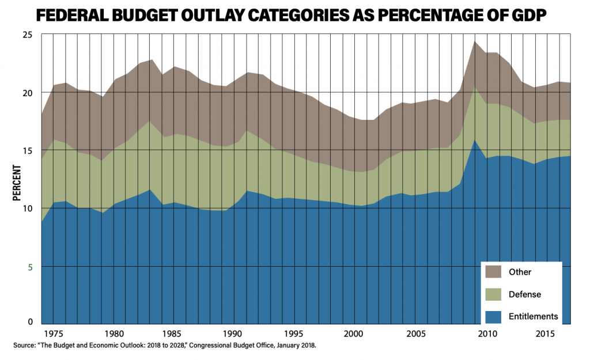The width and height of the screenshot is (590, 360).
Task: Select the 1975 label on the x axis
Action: click(54, 334)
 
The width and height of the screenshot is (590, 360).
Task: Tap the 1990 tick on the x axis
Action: click(232, 334)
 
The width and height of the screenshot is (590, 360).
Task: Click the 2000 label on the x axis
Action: click(351, 334)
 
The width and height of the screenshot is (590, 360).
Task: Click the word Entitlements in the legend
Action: click(534, 316)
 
